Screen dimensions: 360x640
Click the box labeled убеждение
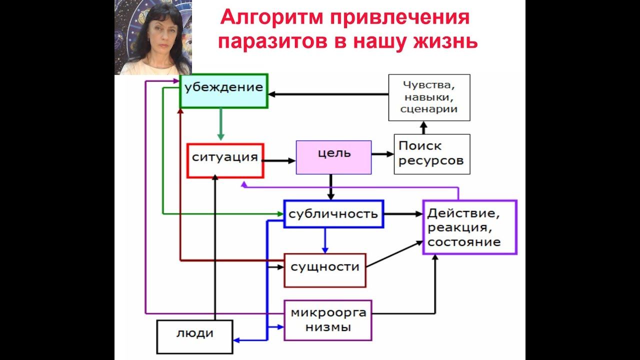[x=223, y=90]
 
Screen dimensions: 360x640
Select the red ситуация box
[x=225, y=160]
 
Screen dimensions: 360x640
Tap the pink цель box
[x=334, y=157]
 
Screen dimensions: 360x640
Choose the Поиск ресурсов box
[x=432, y=154]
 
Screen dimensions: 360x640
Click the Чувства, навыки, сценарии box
[x=429, y=97]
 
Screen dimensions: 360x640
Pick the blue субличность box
[x=333, y=214]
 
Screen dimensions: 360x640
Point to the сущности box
[x=325, y=270]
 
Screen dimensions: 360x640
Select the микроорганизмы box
[x=328, y=320]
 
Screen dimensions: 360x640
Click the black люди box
[x=195, y=336]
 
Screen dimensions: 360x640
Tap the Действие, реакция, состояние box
[x=469, y=227]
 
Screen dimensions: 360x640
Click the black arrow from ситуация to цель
[x=279, y=160]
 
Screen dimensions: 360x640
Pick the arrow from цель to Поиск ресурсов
[x=382, y=154]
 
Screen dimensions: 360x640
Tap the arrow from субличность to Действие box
[x=403, y=214]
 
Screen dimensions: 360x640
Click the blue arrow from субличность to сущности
[x=325, y=240]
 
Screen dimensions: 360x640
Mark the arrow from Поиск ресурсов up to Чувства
[x=424, y=127]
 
